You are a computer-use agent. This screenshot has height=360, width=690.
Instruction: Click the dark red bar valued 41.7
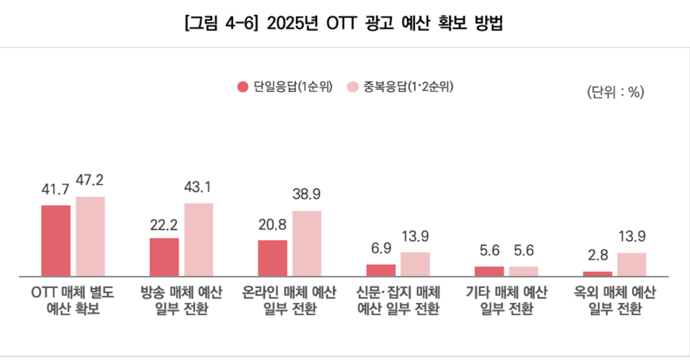[x=56, y=240]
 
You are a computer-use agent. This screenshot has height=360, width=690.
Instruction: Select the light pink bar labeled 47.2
[x=90, y=236]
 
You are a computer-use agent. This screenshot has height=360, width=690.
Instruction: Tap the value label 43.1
[x=198, y=188]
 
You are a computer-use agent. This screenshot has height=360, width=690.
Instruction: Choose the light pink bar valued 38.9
[x=307, y=243]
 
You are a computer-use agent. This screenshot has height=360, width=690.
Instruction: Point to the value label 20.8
[x=272, y=224]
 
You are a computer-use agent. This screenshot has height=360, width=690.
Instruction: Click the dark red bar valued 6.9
[x=381, y=270]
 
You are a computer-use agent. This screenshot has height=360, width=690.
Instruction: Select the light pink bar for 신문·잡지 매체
[x=415, y=263]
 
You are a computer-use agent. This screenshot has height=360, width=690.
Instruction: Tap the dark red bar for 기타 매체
[x=489, y=270]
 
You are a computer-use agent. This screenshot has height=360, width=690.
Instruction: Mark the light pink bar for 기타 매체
[x=523, y=270]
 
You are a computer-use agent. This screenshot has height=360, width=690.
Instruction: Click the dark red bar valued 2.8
[x=597, y=274]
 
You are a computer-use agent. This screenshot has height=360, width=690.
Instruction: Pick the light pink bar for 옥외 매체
[x=631, y=263]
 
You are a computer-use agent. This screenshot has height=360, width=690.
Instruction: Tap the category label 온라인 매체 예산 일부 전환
[x=289, y=300]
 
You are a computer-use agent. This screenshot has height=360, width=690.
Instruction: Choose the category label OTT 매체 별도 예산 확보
[x=73, y=300]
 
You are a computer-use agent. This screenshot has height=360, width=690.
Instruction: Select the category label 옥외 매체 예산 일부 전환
[x=615, y=300]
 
